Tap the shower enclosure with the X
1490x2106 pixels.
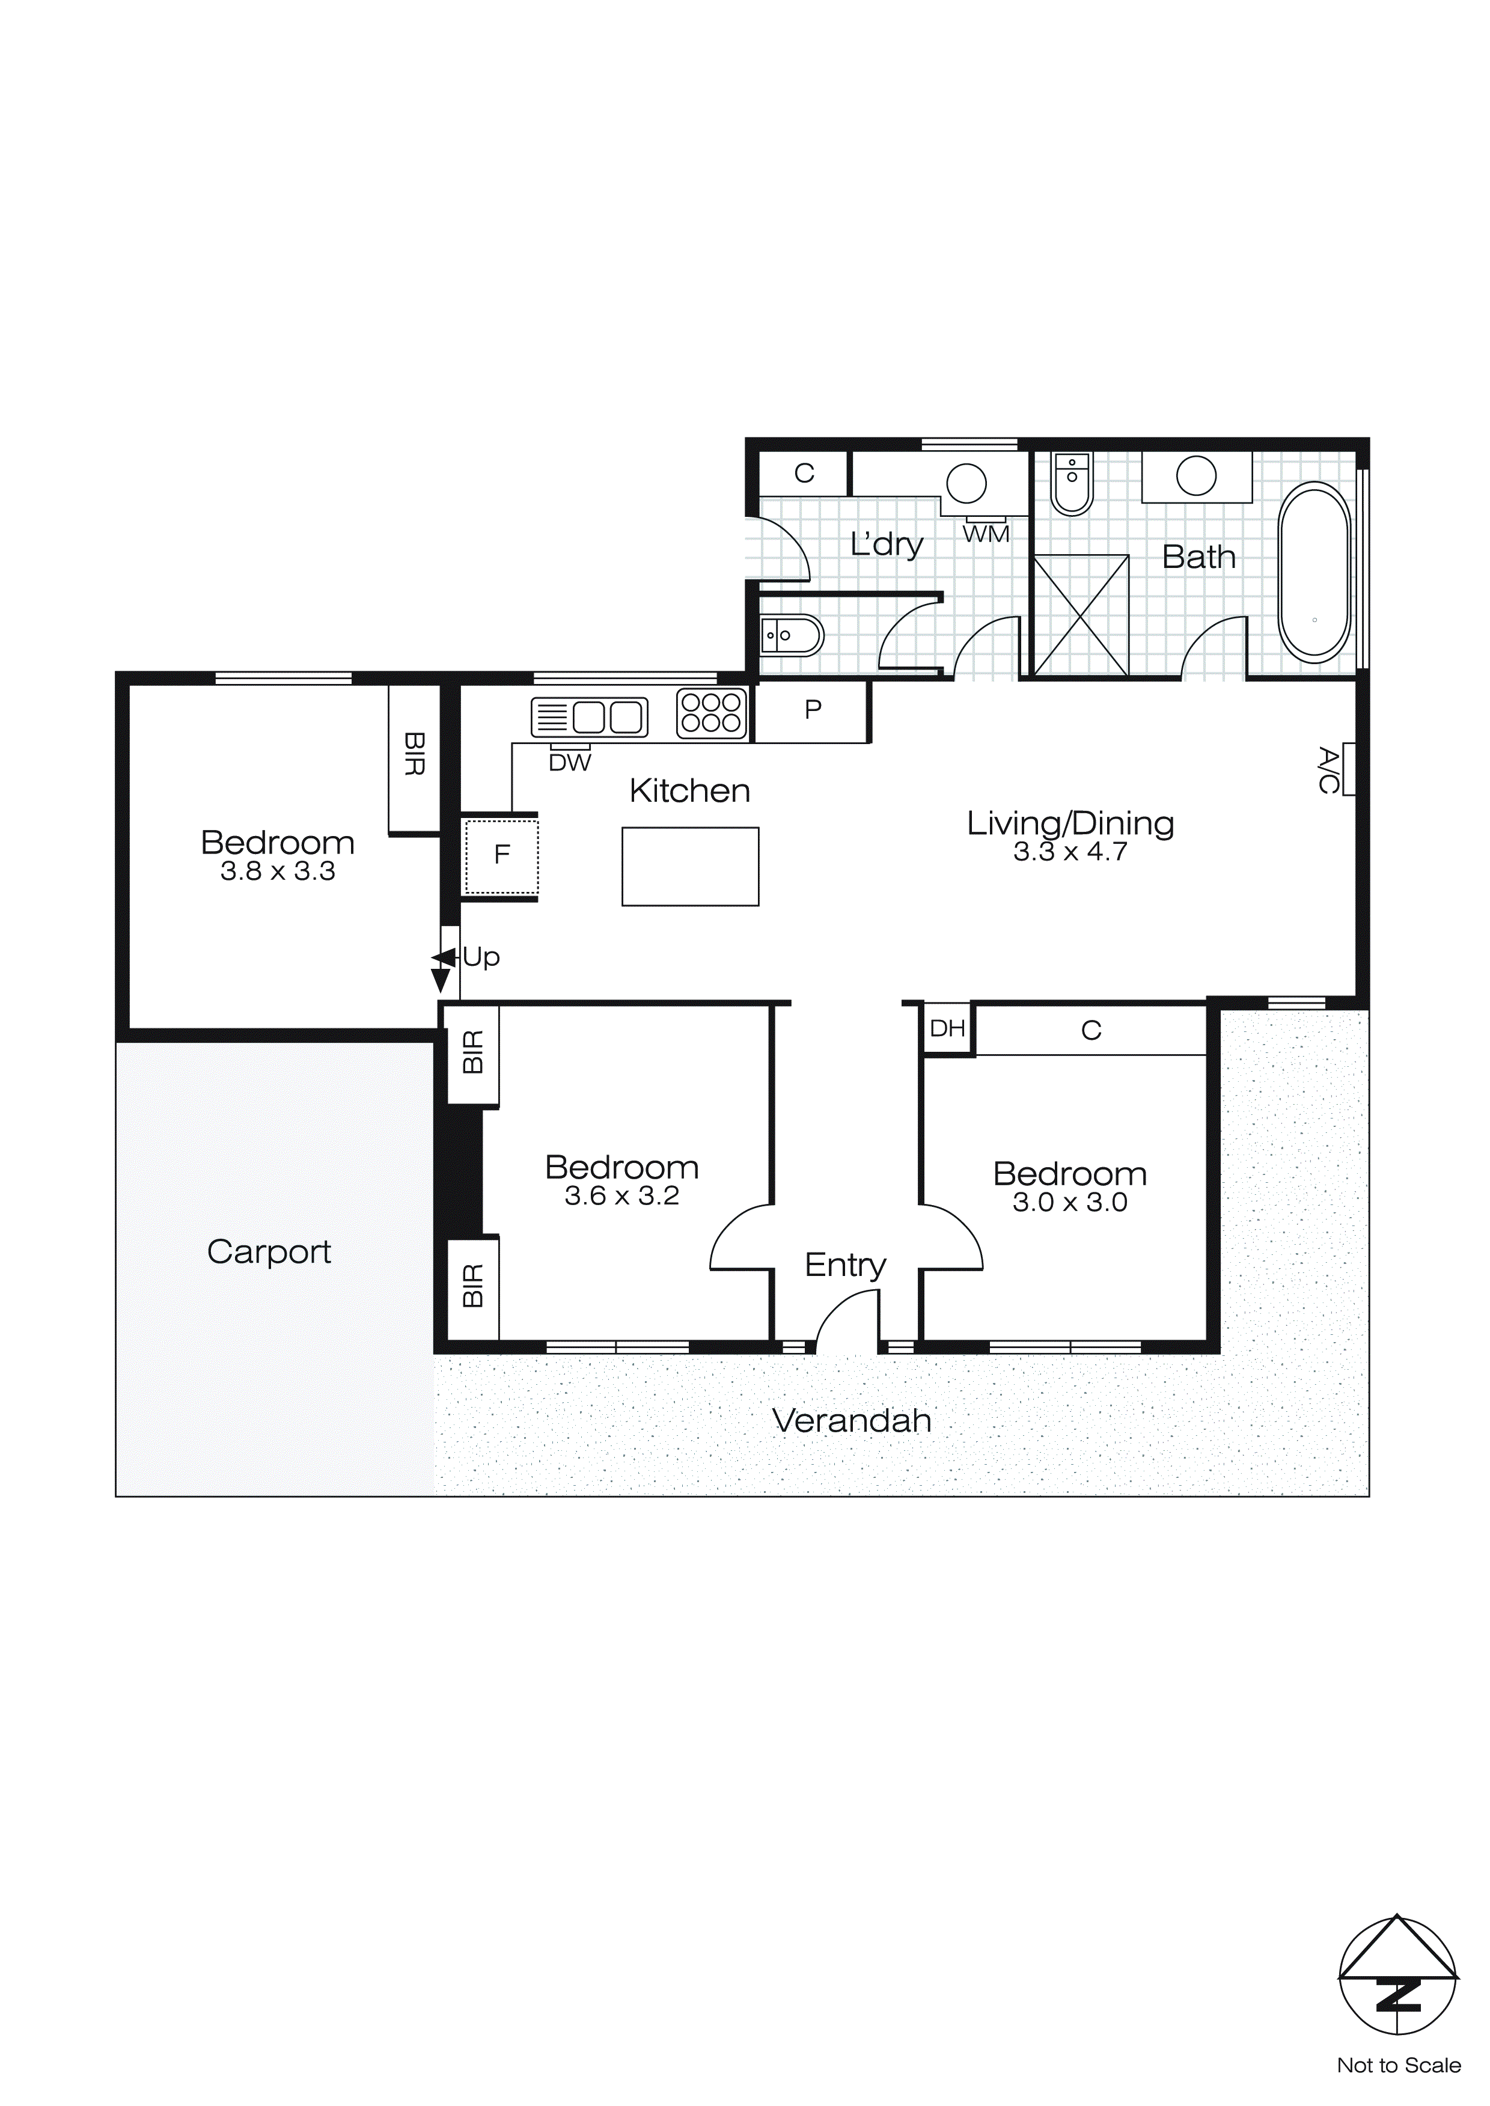click(x=1081, y=615)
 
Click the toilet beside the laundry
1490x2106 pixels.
click(x=792, y=635)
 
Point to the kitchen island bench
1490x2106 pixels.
click(x=690, y=866)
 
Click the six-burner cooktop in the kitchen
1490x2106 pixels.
click(x=711, y=713)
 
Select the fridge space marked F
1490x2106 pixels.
click(x=501, y=855)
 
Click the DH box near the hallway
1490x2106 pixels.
click(x=947, y=1028)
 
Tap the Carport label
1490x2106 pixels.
click(x=269, y=1252)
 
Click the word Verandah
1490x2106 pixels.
click(x=852, y=1421)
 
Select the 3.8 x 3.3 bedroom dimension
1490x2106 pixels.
click(x=277, y=871)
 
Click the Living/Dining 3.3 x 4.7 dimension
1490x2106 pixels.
click(x=1070, y=852)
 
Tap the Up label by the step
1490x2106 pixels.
click(x=481, y=957)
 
